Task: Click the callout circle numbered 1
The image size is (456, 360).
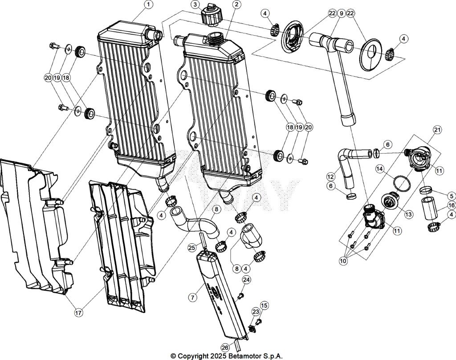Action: pos(148,5)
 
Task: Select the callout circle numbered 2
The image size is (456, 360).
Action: pos(236,5)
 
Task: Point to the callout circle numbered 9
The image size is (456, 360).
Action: pos(341,13)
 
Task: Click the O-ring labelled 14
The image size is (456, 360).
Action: pos(403,182)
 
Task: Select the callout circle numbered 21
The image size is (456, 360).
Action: pos(436,130)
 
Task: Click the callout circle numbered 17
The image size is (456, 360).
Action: pos(78,313)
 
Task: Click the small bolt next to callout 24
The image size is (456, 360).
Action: pos(240,295)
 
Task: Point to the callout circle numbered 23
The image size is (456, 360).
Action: pos(256,312)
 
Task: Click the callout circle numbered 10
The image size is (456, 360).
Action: pos(343,262)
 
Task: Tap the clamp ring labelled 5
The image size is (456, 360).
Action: pos(427,192)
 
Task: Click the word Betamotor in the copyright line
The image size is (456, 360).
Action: pos(247,356)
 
